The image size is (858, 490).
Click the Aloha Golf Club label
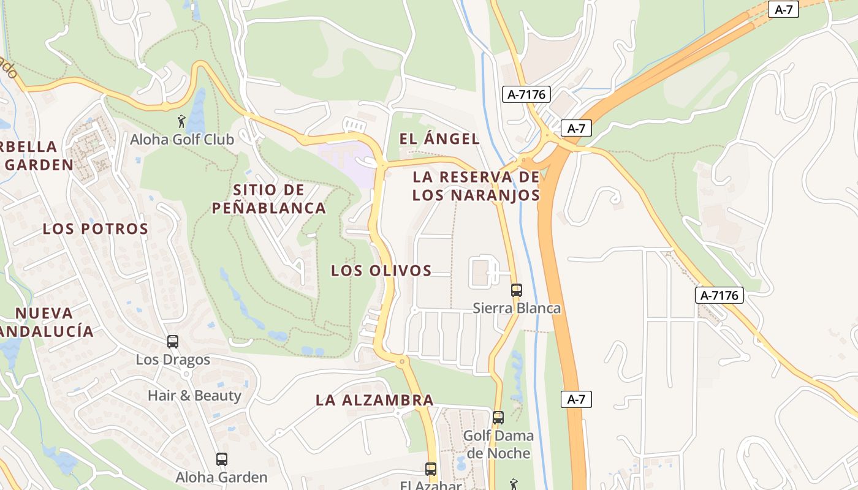(182, 140)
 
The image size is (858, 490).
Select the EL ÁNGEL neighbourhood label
(439, 139)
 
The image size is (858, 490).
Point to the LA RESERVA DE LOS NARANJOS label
(476, 186)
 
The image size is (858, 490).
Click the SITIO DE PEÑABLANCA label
(269, 198)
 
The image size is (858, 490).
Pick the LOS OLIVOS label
(381, 271)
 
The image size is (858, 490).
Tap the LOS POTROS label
(96, 229)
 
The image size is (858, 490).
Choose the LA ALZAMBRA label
(374, 401)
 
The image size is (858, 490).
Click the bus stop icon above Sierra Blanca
(517, 290)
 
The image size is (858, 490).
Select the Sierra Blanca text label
(517, 307)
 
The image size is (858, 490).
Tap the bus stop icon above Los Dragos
(173, 342)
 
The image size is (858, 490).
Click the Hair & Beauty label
(194, 396)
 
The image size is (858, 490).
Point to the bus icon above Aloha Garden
(222, 459)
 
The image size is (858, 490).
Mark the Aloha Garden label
(221, 477)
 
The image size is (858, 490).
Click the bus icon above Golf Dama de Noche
(498, 418)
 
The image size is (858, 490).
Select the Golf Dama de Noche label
(498, 445)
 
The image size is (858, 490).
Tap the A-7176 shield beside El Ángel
(526, 94)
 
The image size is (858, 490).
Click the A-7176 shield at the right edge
(720, 295)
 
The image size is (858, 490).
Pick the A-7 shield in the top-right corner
(784, 9)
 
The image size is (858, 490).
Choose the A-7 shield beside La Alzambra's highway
(576, 400)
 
